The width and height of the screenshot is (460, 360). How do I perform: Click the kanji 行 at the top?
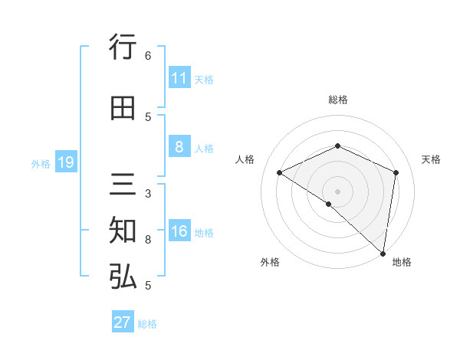tap(123, 48)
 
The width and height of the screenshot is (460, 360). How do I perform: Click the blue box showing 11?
tap(179, 78)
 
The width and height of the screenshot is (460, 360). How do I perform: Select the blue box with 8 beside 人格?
tap(179, 147)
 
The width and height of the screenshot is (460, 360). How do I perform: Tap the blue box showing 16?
tap(179, 232)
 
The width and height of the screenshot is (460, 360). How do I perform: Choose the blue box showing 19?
tap(65, 162)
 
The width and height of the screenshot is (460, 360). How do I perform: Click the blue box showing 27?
tap(123, 322)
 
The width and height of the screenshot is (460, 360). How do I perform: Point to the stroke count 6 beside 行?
tap(148, 56)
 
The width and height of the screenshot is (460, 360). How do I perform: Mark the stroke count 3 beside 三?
tap(148, 194)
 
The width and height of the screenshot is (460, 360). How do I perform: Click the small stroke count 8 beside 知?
tap(148, 240)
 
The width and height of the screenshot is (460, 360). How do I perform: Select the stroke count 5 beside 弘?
tap(148, 286)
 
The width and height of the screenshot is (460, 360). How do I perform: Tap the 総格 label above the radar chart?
tap(338, 100)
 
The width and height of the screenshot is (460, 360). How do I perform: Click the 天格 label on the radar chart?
tap(431, 159)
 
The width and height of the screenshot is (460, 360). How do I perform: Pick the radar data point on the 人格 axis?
tap(280, 172)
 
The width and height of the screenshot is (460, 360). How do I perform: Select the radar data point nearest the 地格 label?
tap(383, 253)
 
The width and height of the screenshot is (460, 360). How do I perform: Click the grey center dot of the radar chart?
tap(337, 191)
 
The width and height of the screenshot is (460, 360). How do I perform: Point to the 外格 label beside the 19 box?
tap(41, 163)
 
